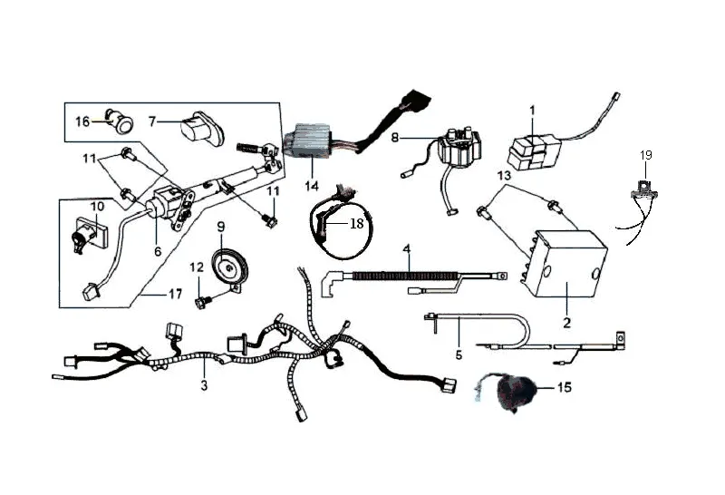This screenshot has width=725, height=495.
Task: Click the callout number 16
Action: click(x=82, y=121)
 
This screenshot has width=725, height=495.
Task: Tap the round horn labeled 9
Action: click(x=229, y=267)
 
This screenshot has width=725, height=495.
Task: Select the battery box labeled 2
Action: click(x=565, y=263)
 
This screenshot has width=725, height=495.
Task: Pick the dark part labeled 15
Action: click(x=512, y=393)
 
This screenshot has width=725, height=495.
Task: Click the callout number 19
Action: click(x=646, y=155)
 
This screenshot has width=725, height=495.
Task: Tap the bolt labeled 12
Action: click(x=202, y=303)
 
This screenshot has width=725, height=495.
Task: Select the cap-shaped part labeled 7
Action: click(x=201, y=127)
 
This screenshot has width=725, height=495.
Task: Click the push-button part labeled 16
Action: click(x=120, y=121)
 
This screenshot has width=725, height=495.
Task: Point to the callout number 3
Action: click(x=205, y=385)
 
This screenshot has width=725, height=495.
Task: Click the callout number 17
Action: click(x=175, y=294)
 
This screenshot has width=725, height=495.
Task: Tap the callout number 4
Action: click(x=406, y=249)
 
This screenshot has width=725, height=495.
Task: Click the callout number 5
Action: click(x=459, y=354)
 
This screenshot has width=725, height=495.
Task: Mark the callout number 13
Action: click(x=505, y=176)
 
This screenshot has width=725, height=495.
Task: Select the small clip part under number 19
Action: click(x=645, y=190)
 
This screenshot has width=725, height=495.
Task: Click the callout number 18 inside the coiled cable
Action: click(x=356, y=224)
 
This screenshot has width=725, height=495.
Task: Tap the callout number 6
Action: click(x=158, y=251)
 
